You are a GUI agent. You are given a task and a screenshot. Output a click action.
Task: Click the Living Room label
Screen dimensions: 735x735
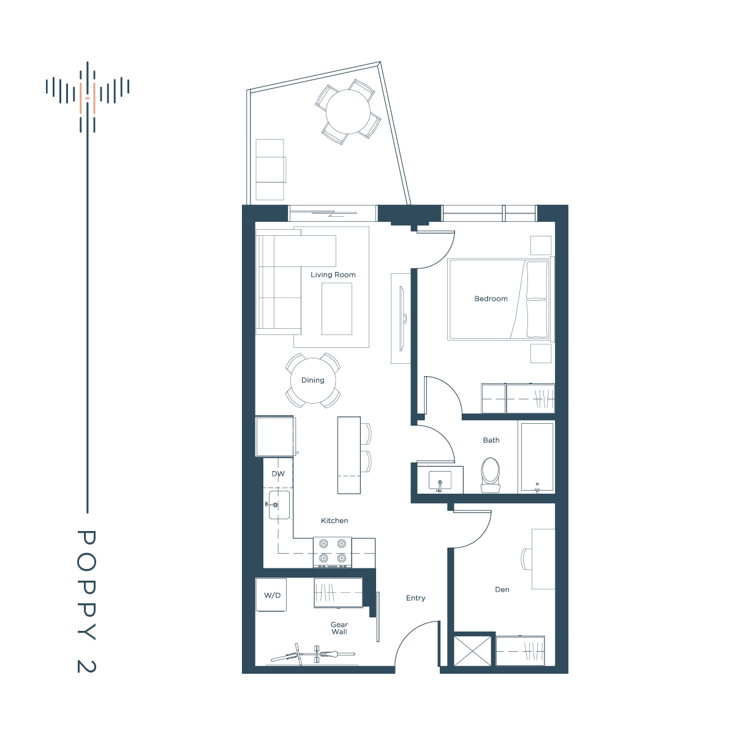pos(333,274)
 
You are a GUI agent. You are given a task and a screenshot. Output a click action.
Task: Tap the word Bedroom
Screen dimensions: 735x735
pos(491,299)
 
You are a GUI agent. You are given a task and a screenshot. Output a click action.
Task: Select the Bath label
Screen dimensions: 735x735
pos(491,440)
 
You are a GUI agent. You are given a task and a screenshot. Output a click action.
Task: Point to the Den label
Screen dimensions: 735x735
pos(502,590)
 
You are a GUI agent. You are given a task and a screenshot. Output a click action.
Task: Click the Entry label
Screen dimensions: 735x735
pos(415,598)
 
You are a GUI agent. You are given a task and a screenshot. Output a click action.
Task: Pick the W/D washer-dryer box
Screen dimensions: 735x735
pos(271,595)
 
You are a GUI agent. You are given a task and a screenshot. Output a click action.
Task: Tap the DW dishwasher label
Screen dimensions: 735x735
pos(278,473)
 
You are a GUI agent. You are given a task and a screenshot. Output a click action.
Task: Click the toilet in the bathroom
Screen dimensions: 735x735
pos(490,475)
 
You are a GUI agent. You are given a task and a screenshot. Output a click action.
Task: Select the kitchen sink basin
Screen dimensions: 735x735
pos(279,505)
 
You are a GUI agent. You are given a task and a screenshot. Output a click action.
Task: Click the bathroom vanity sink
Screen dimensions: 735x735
pos(440,480)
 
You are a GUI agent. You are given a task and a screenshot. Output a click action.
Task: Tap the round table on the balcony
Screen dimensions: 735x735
pos(348,111)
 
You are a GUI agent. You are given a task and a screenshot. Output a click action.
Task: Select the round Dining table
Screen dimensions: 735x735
pos(313,380)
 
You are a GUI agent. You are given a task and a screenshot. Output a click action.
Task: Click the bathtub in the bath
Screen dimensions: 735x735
pos(537,456)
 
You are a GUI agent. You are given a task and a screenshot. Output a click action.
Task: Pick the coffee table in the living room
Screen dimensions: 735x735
pos(337,309)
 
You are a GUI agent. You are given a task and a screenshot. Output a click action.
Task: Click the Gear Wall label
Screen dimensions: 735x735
pos(339,628)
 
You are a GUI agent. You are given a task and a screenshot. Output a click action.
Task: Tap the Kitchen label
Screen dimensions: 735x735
pos(334,521)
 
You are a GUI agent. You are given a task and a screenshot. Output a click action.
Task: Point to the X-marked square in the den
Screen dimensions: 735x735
pos(473,651)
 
